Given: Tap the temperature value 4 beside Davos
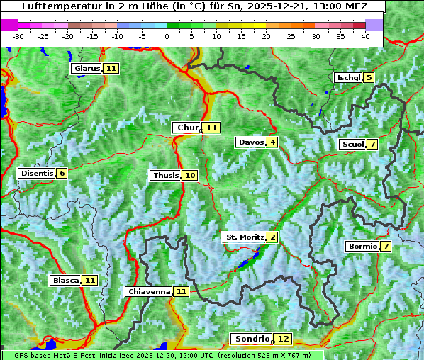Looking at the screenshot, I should click(x=272, y=142).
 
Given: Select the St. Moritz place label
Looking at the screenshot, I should click(x=244, y=237).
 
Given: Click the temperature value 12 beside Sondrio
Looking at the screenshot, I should click(x=283, y=339).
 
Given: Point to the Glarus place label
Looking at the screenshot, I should click(x=87, y=69).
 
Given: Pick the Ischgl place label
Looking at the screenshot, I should click(x=347, y=77).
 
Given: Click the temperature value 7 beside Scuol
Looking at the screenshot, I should click(x=372, y=145).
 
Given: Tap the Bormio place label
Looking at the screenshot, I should click(x=362, y=247).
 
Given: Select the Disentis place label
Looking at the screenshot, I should click(x=37, y=174).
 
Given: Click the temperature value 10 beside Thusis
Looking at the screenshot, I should click(x=189, y=176).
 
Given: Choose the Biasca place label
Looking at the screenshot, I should click(x=65, y=281).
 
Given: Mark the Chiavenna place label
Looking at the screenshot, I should click(x=149, y=291).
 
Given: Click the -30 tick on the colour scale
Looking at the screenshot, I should click(x=18, y=36).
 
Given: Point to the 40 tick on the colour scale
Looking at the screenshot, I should click(x=365, y=36).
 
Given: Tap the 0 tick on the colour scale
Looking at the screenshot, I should click(x=167, y=36).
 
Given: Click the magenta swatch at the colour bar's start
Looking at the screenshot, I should click(x=10, y=24).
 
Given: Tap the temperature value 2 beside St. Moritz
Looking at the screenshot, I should click(x=272, y=237).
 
